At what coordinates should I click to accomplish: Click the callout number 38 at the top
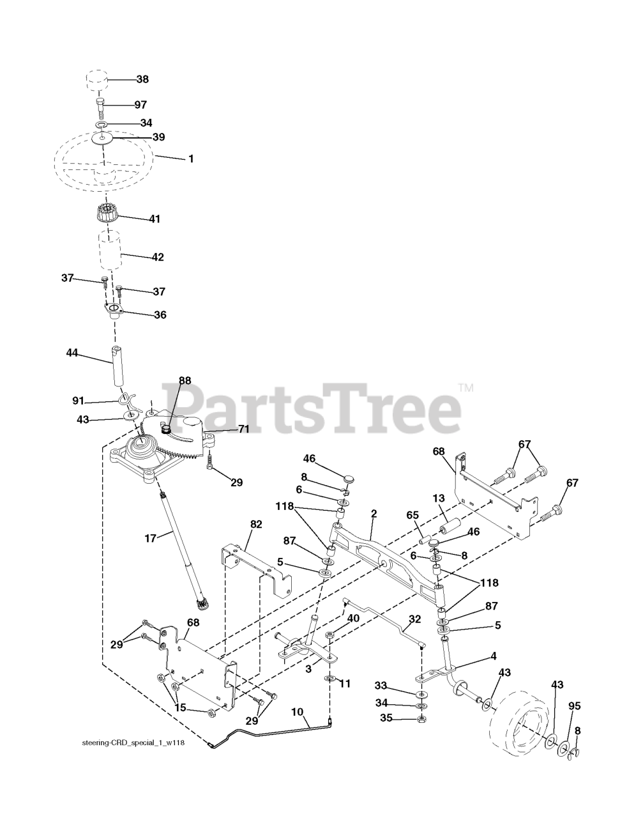(x=142, y=80)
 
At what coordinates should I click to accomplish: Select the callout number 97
(x=140, y=104)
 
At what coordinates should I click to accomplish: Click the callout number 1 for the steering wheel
(x=190, y=158)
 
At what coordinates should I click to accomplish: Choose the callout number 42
(x=157, y=257)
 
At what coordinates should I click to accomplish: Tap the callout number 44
(x=72, y=352)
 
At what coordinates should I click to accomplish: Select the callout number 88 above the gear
(x=185, y=381)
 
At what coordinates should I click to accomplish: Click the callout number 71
(x=243, y=429)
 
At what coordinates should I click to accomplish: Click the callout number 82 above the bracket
(x=255, y=524)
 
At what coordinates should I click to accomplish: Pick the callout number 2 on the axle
(x=374, y=513)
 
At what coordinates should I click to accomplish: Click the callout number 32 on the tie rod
(x=414, y=619)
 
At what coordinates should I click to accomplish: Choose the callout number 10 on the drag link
(x=298, y=711)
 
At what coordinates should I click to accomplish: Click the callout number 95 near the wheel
(x=574, y=706)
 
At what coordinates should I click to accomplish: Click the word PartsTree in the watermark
(x=310, y=405)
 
